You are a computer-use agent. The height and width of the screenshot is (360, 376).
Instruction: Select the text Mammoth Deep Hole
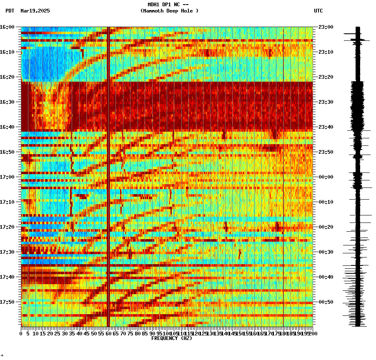pos(170,11)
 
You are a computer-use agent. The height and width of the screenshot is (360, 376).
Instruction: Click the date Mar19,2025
pos(35,11)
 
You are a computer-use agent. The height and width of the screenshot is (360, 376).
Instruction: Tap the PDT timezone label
pos(10,11)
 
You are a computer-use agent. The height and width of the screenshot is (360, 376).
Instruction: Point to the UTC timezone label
pos(318,11)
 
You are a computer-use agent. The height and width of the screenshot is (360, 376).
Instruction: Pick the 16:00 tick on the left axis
pos(8,27)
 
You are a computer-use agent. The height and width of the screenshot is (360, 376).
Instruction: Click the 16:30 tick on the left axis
pos(8,102)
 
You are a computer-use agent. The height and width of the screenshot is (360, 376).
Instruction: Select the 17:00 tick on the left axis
pos(8,177)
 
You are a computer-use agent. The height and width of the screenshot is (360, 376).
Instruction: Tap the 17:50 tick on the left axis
pos(8,302)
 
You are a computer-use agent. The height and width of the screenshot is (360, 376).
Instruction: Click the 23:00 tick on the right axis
pos(326,27)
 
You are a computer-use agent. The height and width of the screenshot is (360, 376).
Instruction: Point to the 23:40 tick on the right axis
pos(326,127)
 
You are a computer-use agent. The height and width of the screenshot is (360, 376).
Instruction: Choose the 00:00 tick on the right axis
pos(326,177)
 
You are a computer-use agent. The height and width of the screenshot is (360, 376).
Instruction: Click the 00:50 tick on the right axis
pos(326,302)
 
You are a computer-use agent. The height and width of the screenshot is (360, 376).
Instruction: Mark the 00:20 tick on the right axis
pos(326,227)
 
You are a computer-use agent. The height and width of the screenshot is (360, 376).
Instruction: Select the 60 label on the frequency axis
pos(108,334)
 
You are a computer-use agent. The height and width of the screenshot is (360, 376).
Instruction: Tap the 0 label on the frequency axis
pos(21,334)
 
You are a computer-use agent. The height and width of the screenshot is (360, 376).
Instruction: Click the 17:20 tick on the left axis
pos(8,227)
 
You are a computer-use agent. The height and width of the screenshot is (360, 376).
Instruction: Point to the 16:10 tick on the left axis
pos(8,52)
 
